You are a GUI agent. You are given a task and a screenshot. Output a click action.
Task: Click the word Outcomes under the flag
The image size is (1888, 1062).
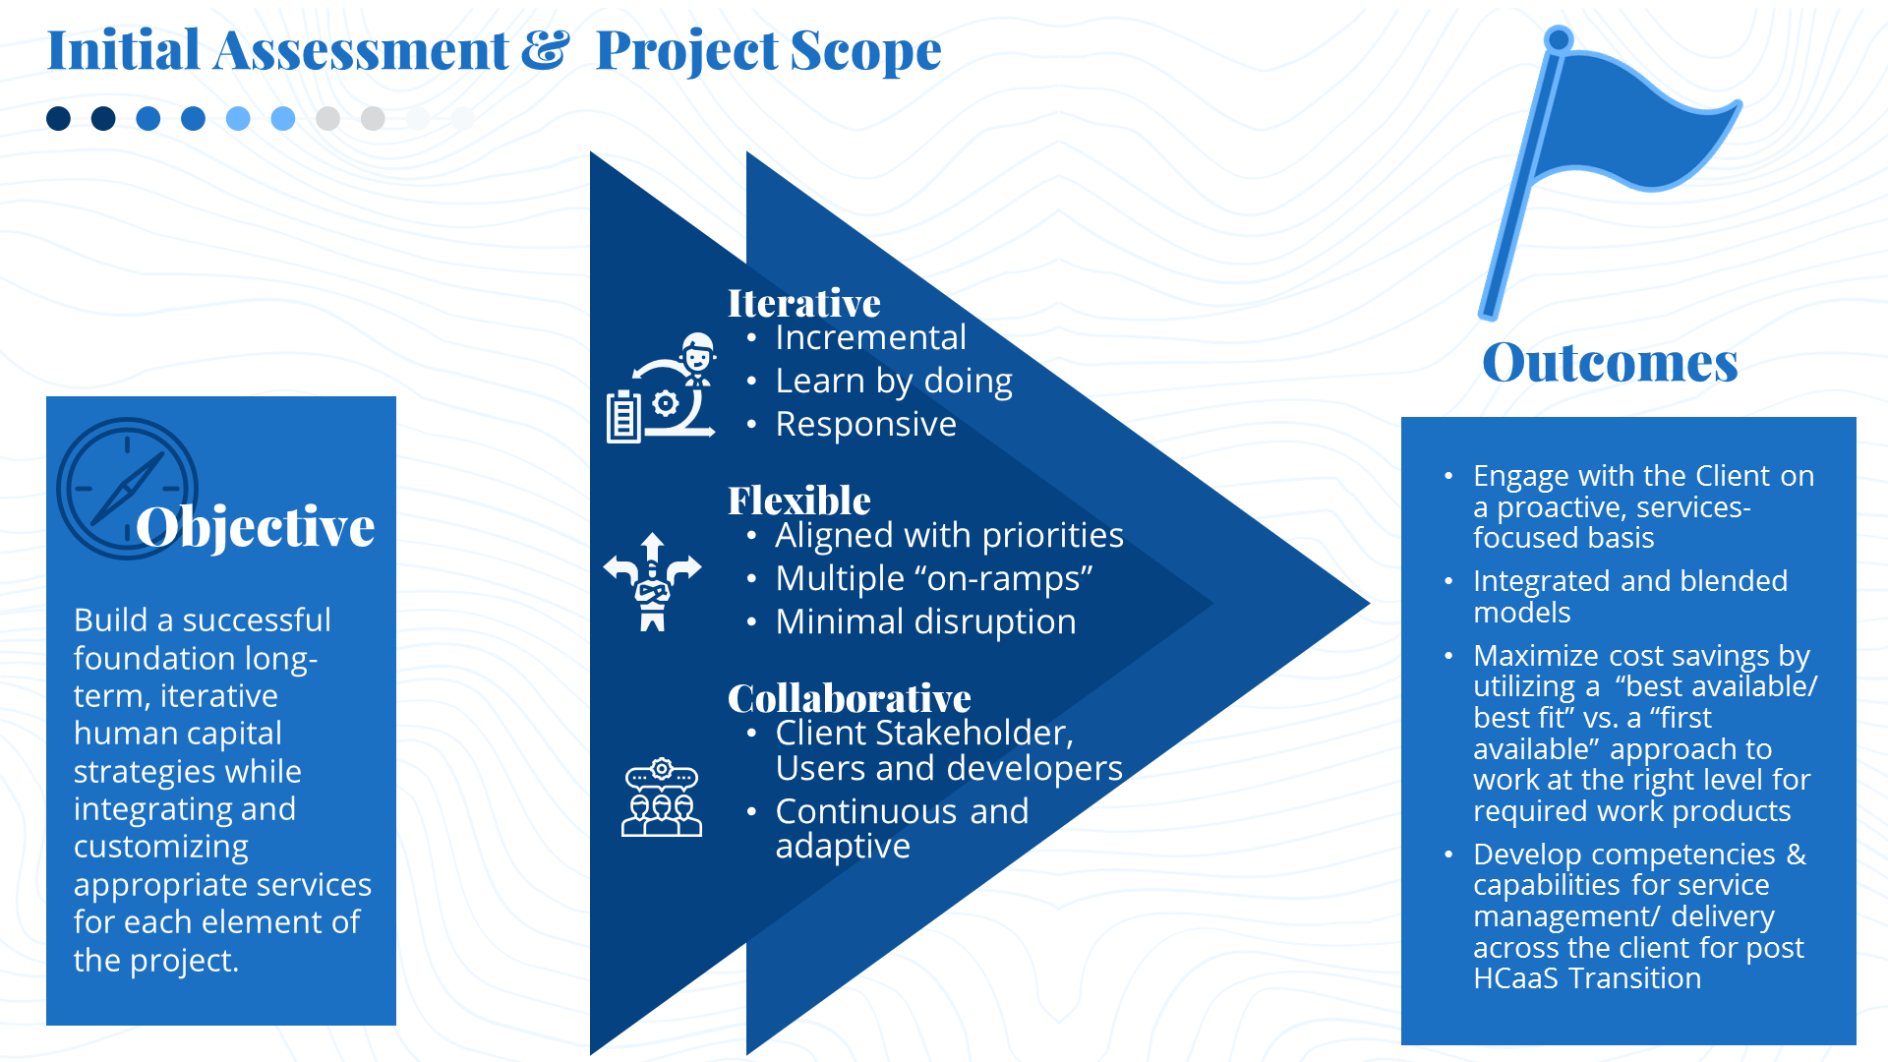pyautogui.click(x=1610, y=362)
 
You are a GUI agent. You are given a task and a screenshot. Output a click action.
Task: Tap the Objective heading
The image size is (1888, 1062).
pyautogui.click(x=256, y=527)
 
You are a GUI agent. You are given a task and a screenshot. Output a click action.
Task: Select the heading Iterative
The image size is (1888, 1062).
pyautogui.click(x=804, y=303)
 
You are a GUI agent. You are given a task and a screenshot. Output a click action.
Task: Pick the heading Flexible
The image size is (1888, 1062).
pyautogui.click(x=799, y=501)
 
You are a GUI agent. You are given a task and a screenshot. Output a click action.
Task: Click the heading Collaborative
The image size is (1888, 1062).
pyautogui.click(x=850, y=698)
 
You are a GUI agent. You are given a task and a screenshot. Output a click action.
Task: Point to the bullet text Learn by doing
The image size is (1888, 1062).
pyautogui.click(x=894, y=381)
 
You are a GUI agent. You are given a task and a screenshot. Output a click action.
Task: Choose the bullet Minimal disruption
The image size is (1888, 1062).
pyautogui.click(x=925, y=621)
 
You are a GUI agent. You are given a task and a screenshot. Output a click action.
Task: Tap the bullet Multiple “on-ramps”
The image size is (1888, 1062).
pyautogui.click(x=934, y=578)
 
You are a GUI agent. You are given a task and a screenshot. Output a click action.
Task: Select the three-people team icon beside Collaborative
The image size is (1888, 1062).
pyautogui.click(x=662, y=797)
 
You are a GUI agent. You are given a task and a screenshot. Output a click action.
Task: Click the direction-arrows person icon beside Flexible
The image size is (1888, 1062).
pyautogui.click(x=653, y=582)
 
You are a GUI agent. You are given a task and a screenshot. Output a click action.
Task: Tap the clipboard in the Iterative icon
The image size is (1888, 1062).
pyautogui.click(x=623, y=417)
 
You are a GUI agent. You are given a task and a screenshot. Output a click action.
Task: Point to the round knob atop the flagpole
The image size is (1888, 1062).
pyautogui.click(x=1559, y=40)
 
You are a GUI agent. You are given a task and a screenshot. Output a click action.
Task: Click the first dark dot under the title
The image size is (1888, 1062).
pyautogui.click(x=59, y=119)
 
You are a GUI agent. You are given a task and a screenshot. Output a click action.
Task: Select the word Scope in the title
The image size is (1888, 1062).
pyautogui.click(x=865, y=50)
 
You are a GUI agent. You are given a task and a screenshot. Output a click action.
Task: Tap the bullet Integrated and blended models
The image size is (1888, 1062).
pyautogui.click(x=1630, y=597)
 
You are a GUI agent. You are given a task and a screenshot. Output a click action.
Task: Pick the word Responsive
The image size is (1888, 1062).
pyautogui.click(x=865, y=424)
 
